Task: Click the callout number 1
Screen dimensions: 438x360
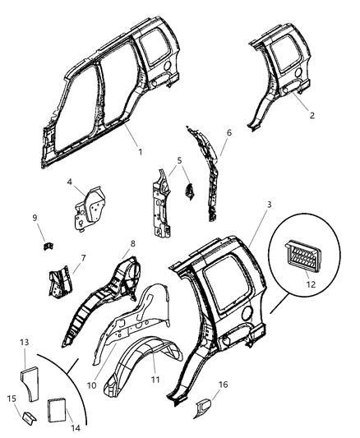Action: click(141, 151)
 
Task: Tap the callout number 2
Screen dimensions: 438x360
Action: click(312, 116)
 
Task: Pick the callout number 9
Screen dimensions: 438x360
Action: click(34, 218)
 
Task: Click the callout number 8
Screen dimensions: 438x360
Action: click(133, 244)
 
